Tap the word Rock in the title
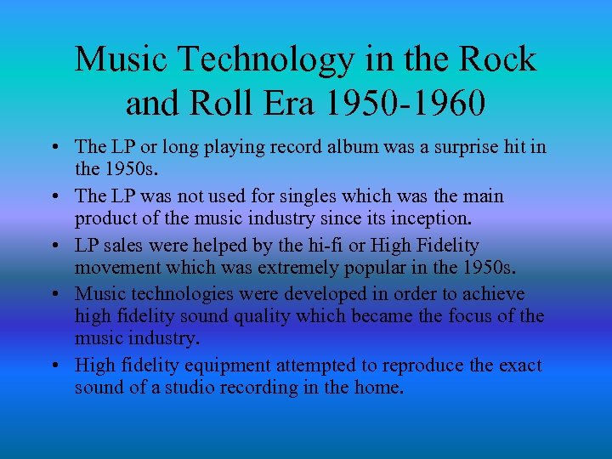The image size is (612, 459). pyautogui.click(x=499, y=59)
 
